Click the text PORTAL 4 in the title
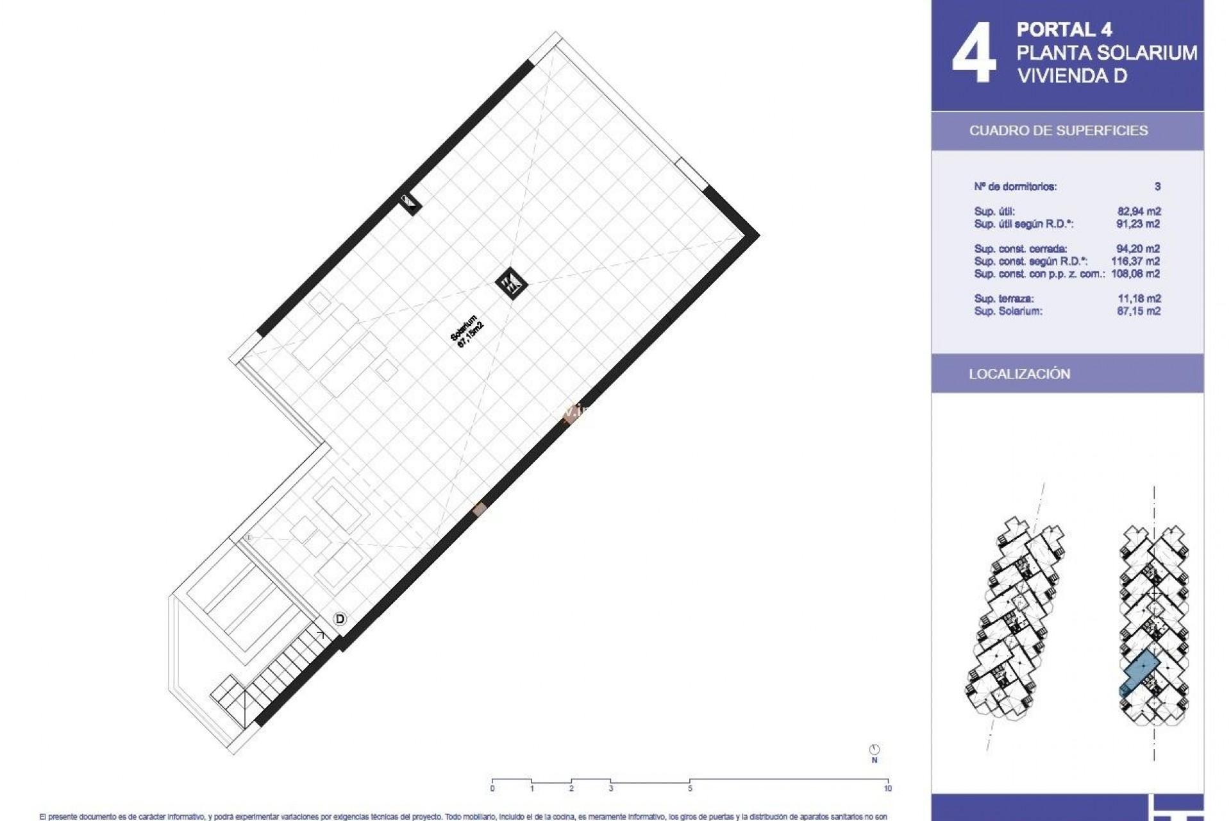(1064, 30)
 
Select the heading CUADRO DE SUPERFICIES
(1058, 131)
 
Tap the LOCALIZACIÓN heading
(1019, 374)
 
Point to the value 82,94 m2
(1139, 212)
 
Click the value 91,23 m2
(1139, 224)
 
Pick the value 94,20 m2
(1139, 249)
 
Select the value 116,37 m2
(1135, 261)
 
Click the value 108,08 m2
(1135, 274)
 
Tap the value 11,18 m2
(1139, 299)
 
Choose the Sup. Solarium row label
(1008, 311)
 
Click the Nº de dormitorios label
(1016, 187)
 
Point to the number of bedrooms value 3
(1157, 187)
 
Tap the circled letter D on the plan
(340, 619)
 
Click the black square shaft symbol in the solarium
(512, 283)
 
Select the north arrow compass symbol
(875, 750)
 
